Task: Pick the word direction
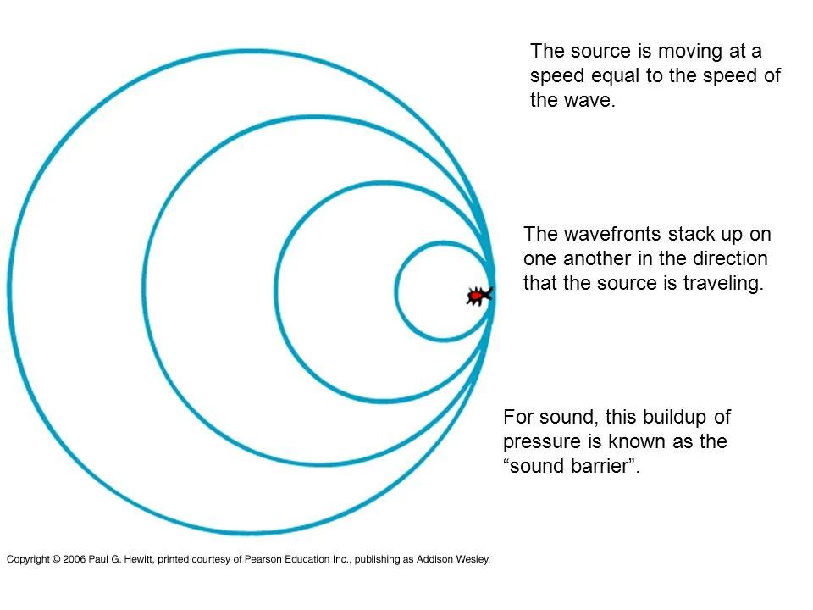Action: pos(730,258)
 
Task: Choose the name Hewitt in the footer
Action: pos(137,559)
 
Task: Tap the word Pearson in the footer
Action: pos(262,559)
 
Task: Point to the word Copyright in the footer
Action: pos(28,560)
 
